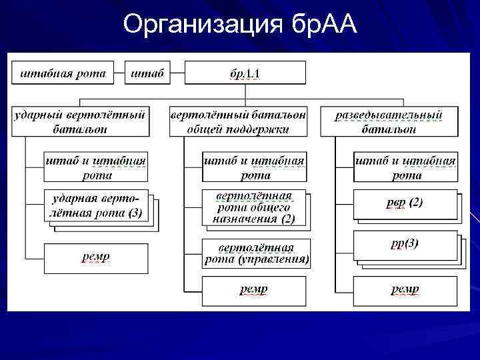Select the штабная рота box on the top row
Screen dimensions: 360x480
(63, 73)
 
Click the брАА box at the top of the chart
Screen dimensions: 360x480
(245, 73)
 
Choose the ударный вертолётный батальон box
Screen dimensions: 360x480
(80, 121)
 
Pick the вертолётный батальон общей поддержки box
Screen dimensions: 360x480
(239, 121)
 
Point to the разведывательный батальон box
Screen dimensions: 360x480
(389, 121)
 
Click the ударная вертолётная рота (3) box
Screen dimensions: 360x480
(97, 206)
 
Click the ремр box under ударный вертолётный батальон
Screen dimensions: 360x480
(96, 258)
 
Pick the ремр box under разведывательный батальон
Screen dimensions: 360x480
(405, 290)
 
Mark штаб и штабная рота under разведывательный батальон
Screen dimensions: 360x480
(405, 167)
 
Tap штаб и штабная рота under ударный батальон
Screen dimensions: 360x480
(96, 167)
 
